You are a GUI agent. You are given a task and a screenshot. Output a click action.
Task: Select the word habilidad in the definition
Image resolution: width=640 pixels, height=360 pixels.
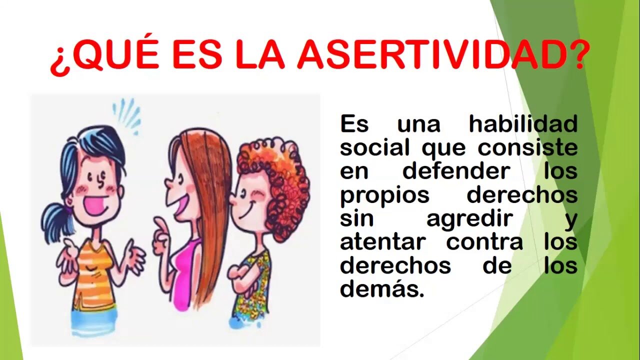pos(523,124)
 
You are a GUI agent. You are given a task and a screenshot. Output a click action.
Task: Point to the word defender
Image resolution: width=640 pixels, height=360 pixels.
pos(456,171)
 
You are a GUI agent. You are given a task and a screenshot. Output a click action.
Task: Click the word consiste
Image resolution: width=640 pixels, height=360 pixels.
pos(527,147)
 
